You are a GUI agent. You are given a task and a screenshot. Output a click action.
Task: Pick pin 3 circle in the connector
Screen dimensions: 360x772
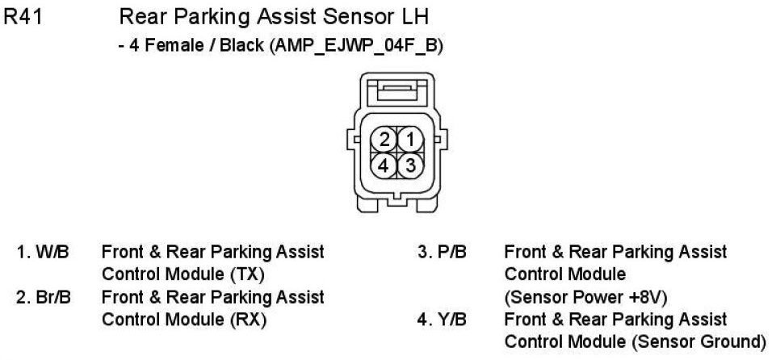coord(410,165)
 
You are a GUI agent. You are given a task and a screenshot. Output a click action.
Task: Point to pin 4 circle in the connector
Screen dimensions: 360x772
coord(385,165)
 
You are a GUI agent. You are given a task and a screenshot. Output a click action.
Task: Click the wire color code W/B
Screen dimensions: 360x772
coord(54,252)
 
